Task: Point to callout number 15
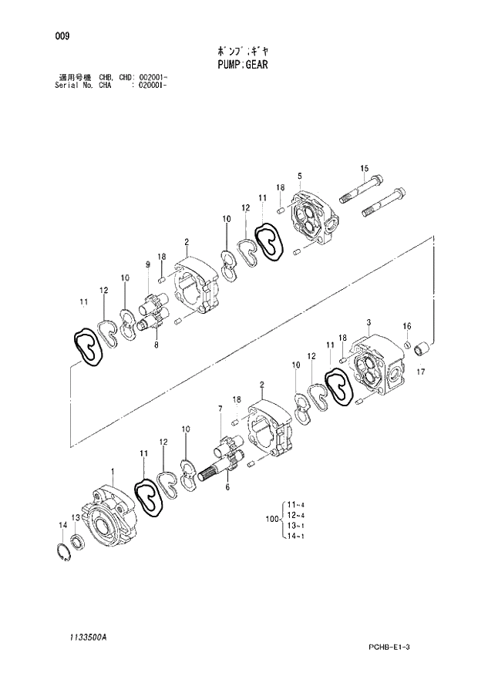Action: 364,169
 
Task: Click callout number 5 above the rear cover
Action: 299,177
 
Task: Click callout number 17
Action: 421,374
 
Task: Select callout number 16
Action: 406,325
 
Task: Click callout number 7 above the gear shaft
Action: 220,408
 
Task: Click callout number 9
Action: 146,265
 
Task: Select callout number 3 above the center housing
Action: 369,321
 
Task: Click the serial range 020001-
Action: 152,86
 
